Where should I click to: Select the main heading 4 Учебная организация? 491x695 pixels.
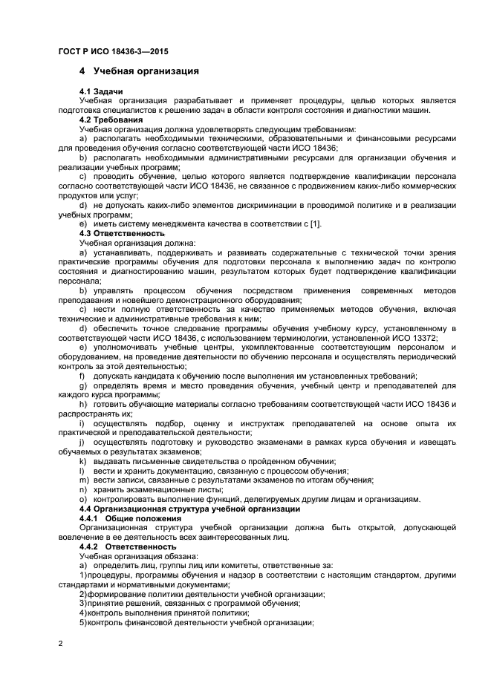[x=139, y=72]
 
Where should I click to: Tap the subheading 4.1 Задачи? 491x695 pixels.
[x=101, y=91]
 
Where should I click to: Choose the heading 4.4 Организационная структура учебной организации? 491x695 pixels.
[x=189, y=509]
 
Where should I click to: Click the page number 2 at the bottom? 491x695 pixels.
[x=60, y=644]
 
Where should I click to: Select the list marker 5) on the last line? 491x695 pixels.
[x=83, y=622]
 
